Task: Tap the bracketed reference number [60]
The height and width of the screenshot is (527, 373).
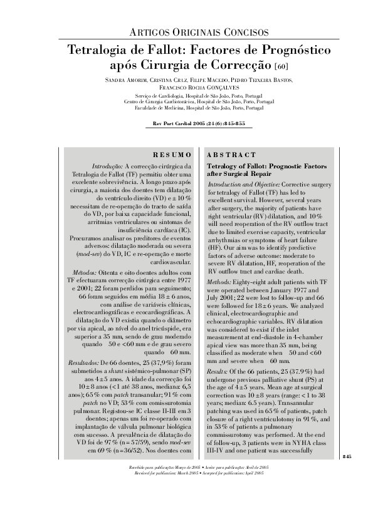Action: pos(281,66)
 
